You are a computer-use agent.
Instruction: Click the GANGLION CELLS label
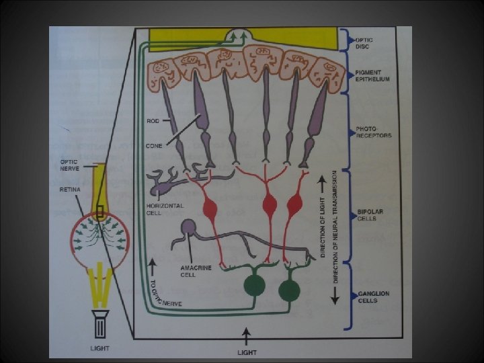click(x=374, y=296)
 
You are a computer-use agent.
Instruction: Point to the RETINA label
click(x=70, y=190)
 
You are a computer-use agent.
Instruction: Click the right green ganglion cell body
click(x=290, y=290)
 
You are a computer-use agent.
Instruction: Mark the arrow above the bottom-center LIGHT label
click(x=247, y=333)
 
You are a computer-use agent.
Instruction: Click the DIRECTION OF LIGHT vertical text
click(x=324, y=221)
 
